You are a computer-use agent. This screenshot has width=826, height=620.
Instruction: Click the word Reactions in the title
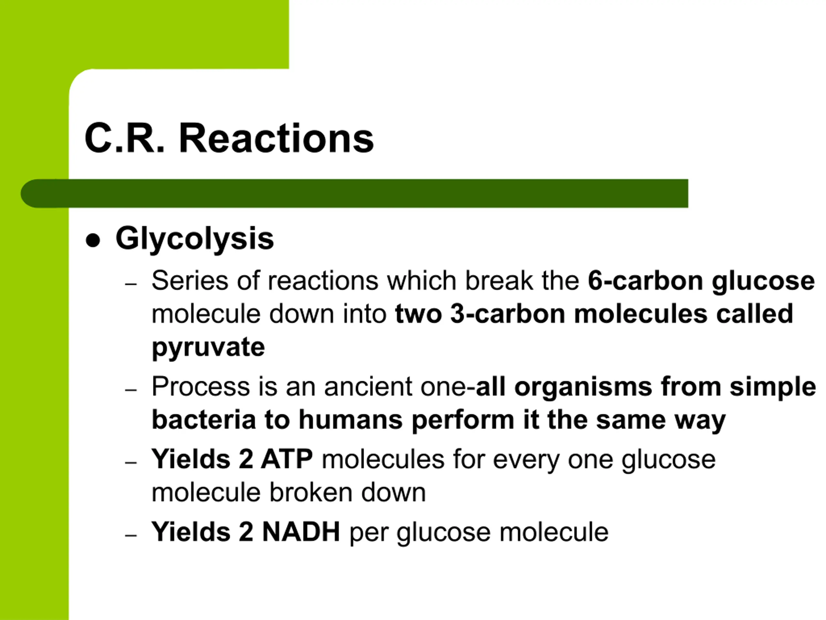(x=276, y=138)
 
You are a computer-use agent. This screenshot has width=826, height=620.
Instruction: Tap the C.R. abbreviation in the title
(x=124, y=138)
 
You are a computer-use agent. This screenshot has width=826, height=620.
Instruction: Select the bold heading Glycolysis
(x=195, y=240)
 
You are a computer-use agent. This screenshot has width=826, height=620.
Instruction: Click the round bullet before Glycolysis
(x=93, y=240)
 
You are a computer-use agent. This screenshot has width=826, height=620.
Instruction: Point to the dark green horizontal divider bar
(x=354, y=193)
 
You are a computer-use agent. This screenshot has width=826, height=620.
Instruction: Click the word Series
(x=190, y=280)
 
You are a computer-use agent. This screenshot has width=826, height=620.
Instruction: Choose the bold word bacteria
(x=204, y=420)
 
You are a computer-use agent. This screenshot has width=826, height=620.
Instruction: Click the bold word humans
(x=351, y=420)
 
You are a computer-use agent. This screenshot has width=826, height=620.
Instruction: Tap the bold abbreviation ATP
(x=287, y=459)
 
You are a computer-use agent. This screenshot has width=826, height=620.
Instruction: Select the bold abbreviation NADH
(x=301, y=532)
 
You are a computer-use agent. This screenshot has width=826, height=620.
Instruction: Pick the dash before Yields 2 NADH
(x=131, y=535)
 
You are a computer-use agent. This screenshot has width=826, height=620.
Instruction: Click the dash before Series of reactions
(x=131, y=284)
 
